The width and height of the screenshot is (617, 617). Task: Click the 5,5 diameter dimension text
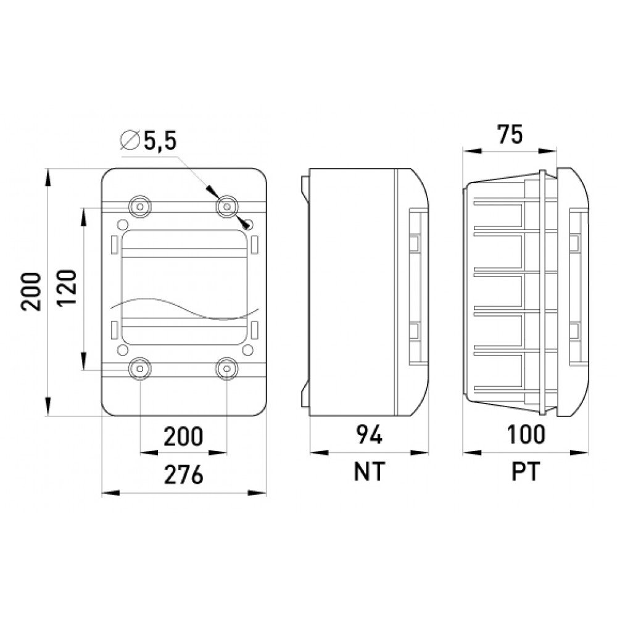pos(160,141)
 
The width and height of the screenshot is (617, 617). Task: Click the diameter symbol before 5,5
pos(130,139)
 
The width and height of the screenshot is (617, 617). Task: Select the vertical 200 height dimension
pos(31,292)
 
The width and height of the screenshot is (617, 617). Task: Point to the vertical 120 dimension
pos(66,288)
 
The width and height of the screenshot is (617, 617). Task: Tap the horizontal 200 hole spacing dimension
pos(183,436)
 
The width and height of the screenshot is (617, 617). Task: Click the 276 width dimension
pos(183,474)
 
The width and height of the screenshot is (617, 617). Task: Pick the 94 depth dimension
pos(369,435)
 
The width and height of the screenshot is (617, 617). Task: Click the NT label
pos(369,471)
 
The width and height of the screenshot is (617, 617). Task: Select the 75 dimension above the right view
pos(510,134)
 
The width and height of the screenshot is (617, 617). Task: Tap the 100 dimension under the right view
pos(526,434)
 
